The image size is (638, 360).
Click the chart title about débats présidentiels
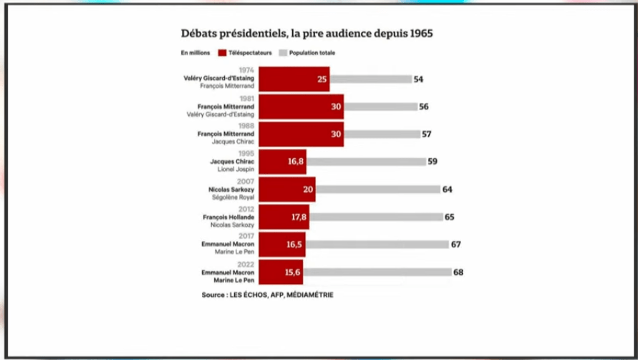[306, 34]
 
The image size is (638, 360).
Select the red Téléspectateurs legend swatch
[222, 53]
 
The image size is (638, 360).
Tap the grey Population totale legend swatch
[283, 53]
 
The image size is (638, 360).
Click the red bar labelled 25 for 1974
[294, 79]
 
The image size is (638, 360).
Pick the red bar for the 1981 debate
[301, 107]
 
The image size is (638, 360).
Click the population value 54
[418, 79]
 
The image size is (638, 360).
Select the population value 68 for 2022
[458, 272]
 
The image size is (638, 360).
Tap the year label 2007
[245, 182]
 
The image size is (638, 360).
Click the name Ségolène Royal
[236, 197]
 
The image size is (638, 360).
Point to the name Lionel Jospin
[236, 170]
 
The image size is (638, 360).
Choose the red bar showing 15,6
[281, 272]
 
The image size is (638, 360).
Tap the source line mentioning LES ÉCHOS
[267, 294]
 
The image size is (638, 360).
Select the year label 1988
[245, 126]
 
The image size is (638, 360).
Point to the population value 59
[432, 162]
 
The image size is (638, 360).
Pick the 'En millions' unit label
[195, 53]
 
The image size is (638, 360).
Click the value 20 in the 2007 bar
[307, 190]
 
